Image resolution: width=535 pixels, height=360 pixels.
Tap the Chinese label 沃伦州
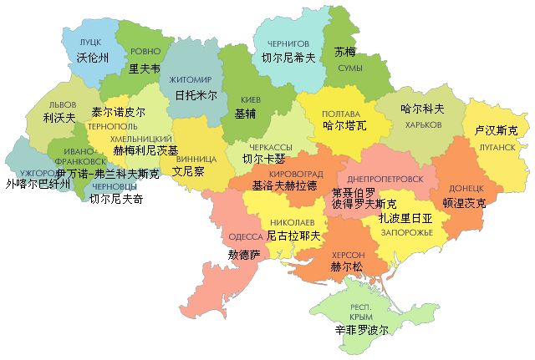click(92, 58)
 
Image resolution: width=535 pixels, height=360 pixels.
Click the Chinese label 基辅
click(246, 114)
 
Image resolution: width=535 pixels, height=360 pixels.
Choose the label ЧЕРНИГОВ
click(288, 43)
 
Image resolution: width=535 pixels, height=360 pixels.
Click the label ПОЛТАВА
click(341, 114)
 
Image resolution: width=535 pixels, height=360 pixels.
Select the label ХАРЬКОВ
click(422, 124)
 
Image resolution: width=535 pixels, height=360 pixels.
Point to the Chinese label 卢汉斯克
click(496, 131)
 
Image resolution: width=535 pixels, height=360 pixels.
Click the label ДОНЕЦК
click(466, 189)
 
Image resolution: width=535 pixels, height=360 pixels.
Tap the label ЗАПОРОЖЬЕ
click(405, 231)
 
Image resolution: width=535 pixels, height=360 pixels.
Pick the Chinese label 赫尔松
click(347, 268)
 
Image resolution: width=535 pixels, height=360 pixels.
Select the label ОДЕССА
click(245, 236)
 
